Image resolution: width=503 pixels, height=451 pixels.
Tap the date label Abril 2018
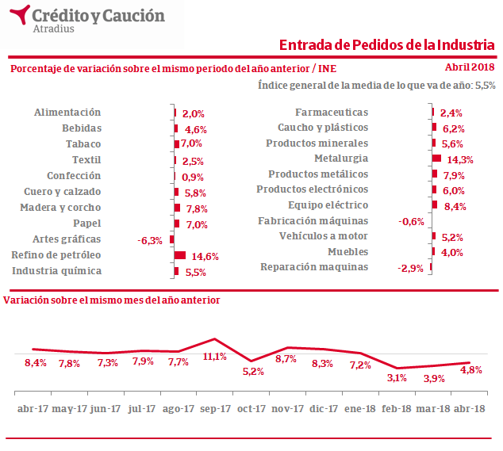point(470,68)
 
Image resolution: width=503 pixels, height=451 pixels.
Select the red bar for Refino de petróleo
point(179,255)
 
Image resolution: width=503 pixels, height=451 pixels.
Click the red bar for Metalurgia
point(436,159)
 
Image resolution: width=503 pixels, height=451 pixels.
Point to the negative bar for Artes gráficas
point(171,239)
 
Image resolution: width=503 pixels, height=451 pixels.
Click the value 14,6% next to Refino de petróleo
point(202,256)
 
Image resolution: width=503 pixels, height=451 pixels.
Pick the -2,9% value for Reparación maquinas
point(410,269)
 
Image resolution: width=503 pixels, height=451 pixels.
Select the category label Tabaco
point(83,143)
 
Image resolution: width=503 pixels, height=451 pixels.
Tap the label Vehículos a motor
point(324,236)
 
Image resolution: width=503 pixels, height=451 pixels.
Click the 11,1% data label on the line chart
point(215,356)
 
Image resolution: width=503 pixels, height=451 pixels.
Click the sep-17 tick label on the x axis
point(215,408)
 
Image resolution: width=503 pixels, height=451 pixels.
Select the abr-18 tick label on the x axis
point(468,408)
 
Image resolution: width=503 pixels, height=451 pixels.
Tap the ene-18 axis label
point(360,408)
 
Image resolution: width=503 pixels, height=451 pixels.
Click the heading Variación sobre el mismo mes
point(112,300)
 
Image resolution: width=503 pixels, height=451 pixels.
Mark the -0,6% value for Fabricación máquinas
point(411,221)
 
